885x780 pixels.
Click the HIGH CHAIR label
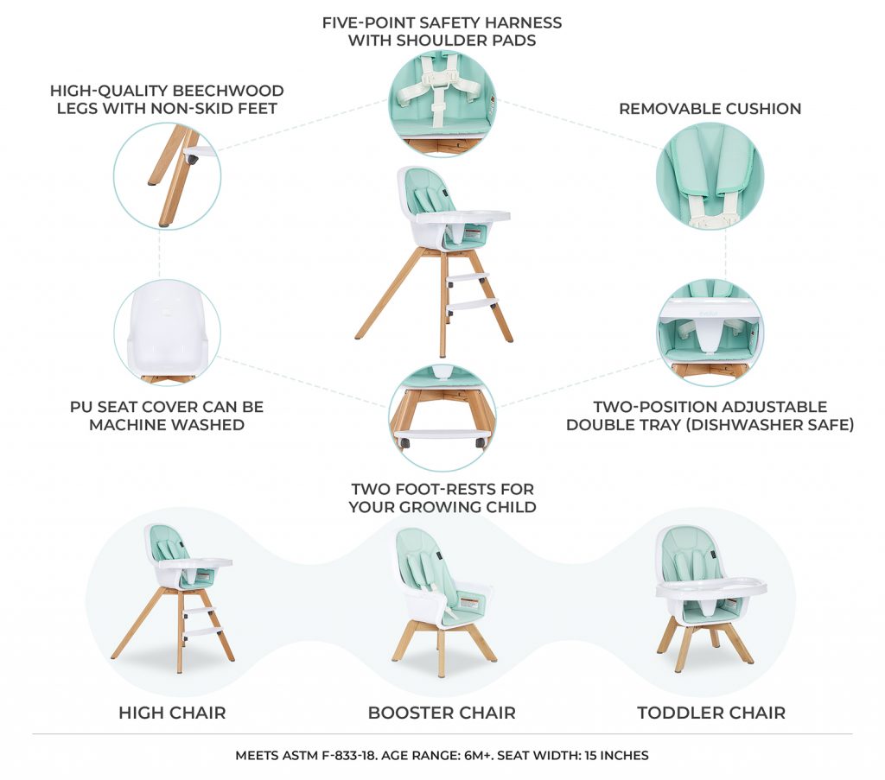[x=172, y=713]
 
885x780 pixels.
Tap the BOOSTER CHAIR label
[x=442, y=713]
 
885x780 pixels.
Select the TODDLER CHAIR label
[x=711, y=713]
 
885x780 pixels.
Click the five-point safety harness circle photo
[x=442, y=102]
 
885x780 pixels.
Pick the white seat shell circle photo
[x=168, y=333]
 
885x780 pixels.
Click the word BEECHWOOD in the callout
[x=228, y=91]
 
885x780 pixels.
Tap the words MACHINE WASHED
[x=167, y=425]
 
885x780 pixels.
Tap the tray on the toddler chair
[x=710, y=588]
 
